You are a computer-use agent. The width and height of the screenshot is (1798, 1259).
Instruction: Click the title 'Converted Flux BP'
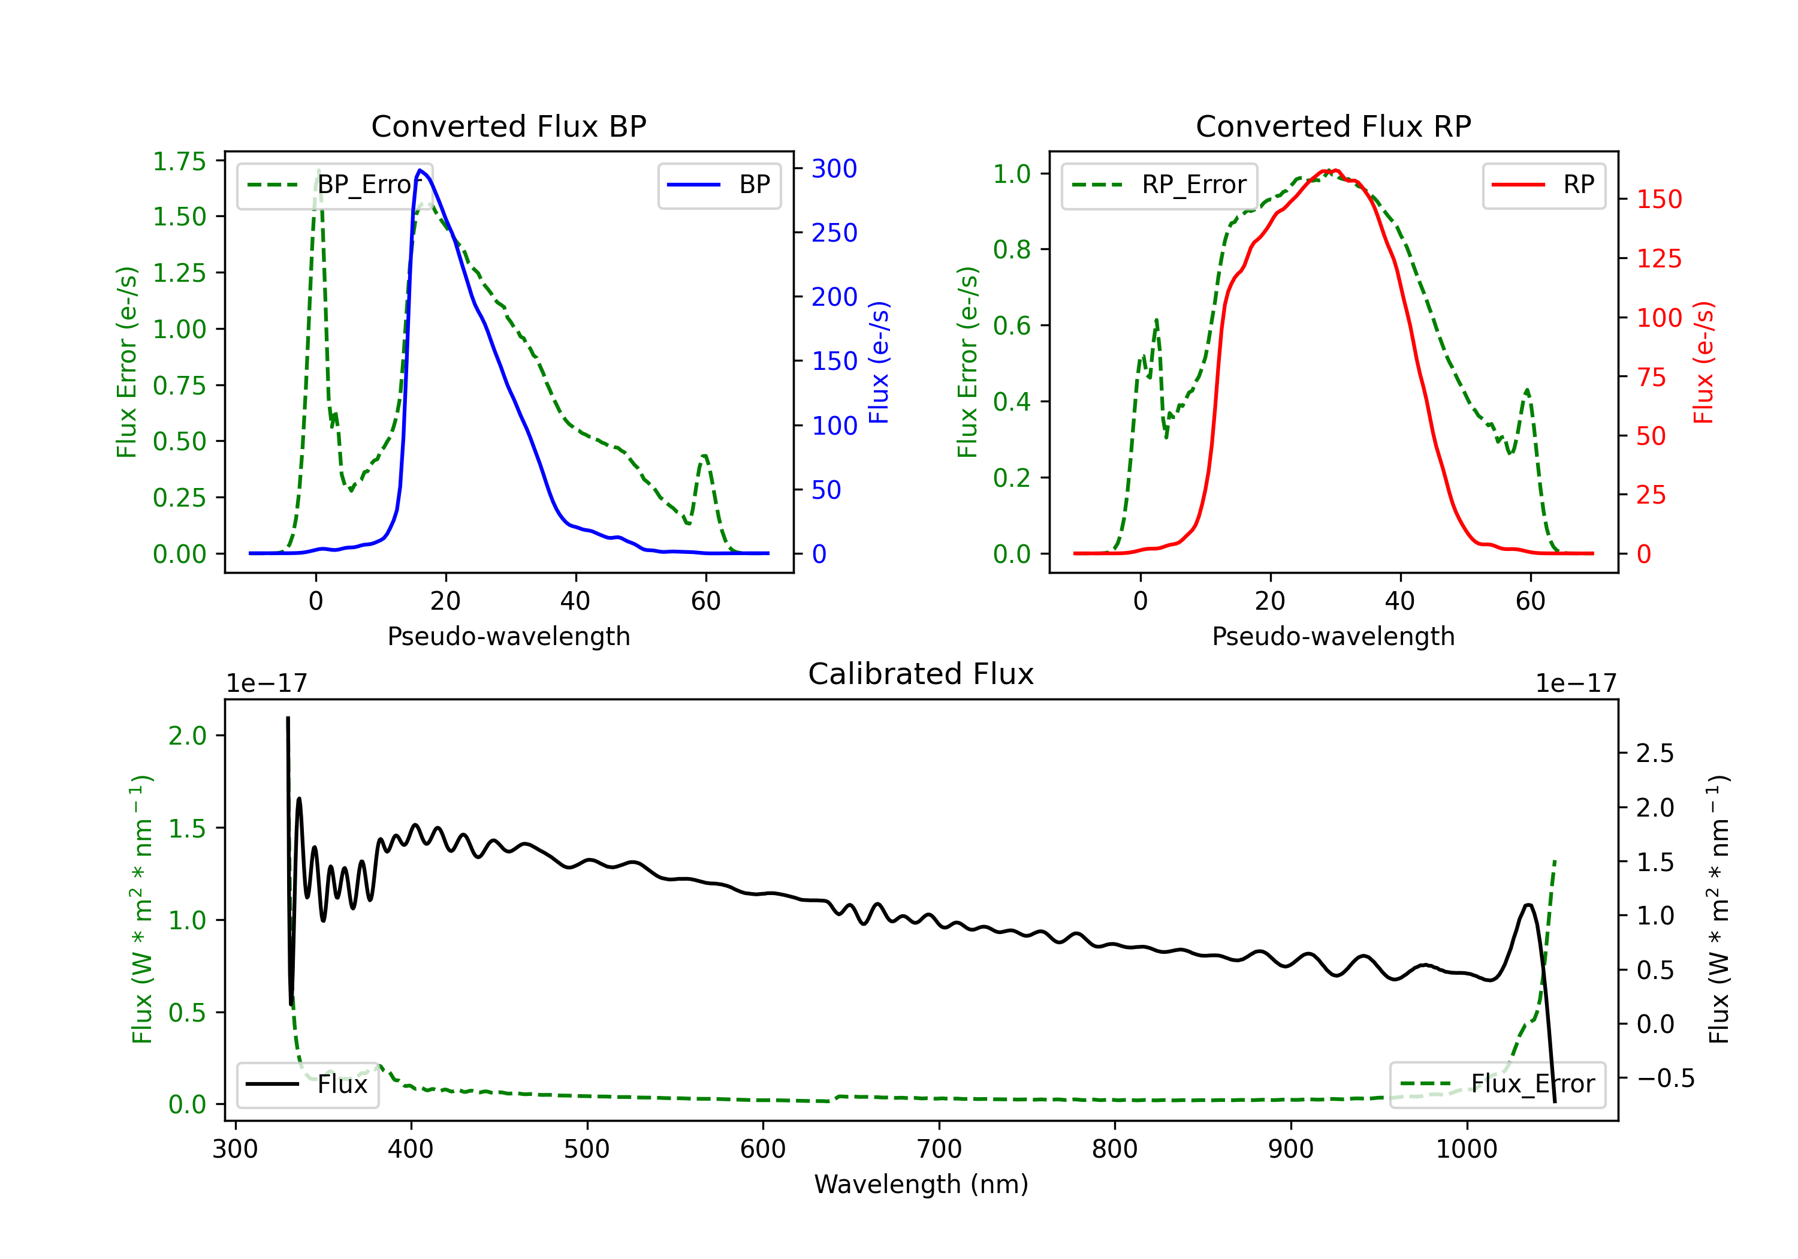(508, 126)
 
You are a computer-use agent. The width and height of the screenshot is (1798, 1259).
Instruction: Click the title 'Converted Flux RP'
(1333, 126)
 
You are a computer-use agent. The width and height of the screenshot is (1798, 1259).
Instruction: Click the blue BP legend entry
(719, 185)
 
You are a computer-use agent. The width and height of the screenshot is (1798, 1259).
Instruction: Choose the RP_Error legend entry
(1159, 185)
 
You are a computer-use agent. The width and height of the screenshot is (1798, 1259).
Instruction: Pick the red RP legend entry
(1543, 185)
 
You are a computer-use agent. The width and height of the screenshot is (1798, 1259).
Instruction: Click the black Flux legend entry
(307, 1085)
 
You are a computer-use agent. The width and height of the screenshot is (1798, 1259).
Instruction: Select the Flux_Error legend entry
(1497, 1085)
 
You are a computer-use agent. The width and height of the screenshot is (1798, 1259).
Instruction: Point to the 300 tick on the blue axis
(834, 168)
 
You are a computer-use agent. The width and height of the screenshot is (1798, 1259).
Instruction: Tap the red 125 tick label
(1658, 258)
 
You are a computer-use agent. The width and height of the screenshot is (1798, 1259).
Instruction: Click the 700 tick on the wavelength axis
(939, 1149)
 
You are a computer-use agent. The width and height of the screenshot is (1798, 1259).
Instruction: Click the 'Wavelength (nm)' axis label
(921, 1185)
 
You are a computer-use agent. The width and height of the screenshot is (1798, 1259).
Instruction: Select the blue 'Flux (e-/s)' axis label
(879, 362)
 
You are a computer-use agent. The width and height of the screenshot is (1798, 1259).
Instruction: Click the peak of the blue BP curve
(421, 170)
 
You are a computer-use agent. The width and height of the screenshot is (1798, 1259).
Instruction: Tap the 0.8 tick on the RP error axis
(1012, 249)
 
